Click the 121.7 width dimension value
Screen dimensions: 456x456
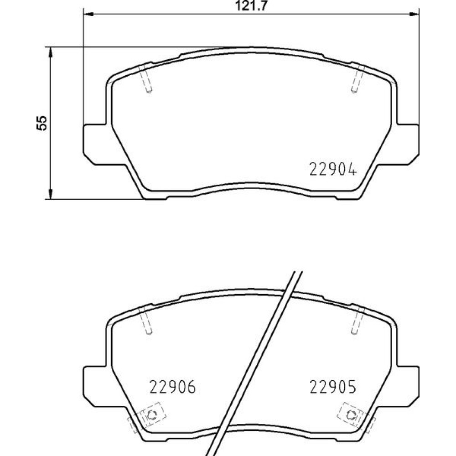coord(251,6)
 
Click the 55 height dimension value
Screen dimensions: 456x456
coord(41,123)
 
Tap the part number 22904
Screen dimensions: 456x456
coord(333,169)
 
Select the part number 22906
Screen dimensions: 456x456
coord(173,387)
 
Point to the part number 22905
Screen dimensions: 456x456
coord(333,387)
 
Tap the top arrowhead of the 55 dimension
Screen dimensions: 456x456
coord(51,52)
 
